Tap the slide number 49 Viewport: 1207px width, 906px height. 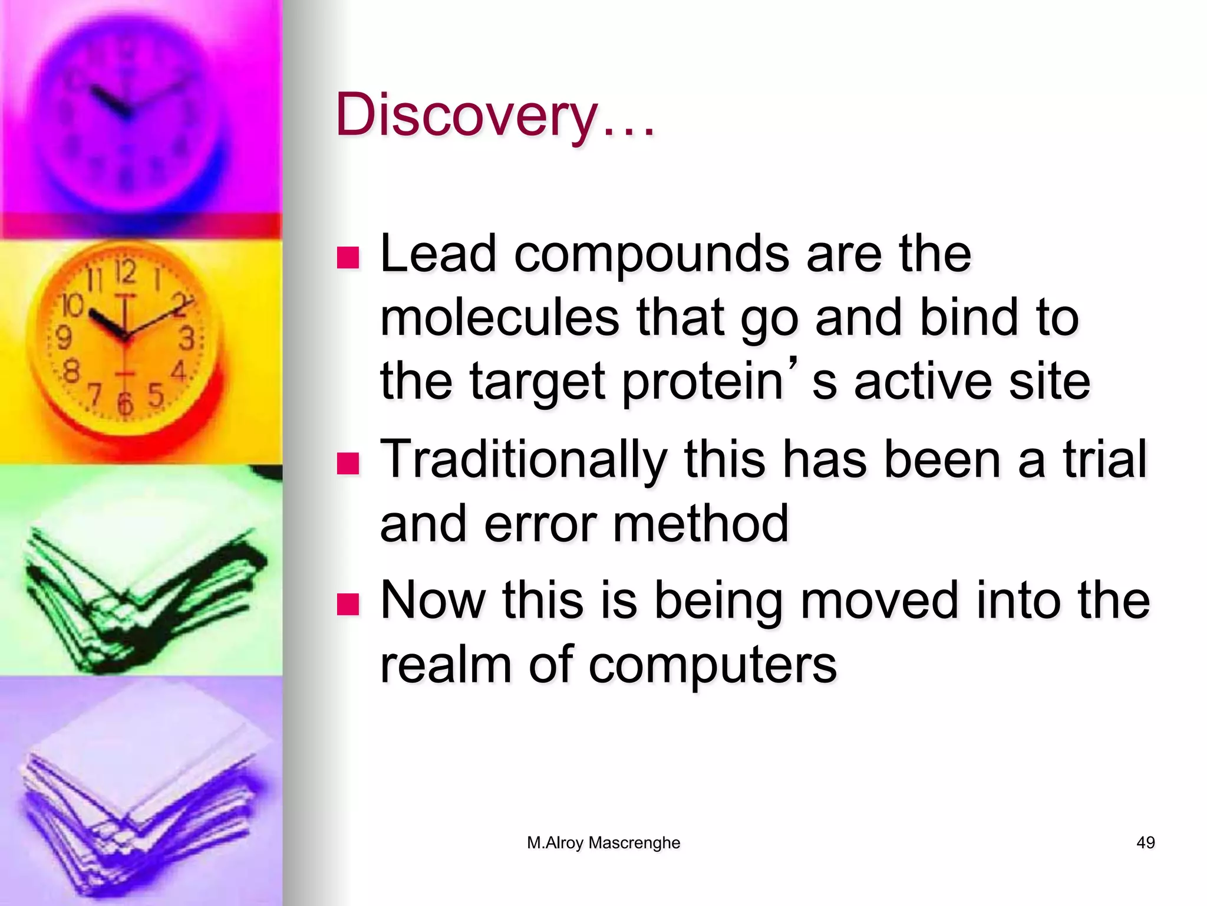(x=1145, y=843)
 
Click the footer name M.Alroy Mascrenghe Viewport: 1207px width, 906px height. (x=603, y=843)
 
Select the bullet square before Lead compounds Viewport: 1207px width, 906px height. (x=348, y=257)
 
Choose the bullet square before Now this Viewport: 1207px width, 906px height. (x=348, y=604)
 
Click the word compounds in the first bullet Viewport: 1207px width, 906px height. (x=651, y=255)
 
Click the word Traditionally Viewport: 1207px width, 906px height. (x=523, y=460)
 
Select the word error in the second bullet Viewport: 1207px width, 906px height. (x=540, y=524)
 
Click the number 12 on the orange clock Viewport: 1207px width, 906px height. (x=124, y=273)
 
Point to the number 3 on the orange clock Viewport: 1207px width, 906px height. (x=187, y=339)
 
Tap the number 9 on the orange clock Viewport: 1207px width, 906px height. (x=64, y=338)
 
